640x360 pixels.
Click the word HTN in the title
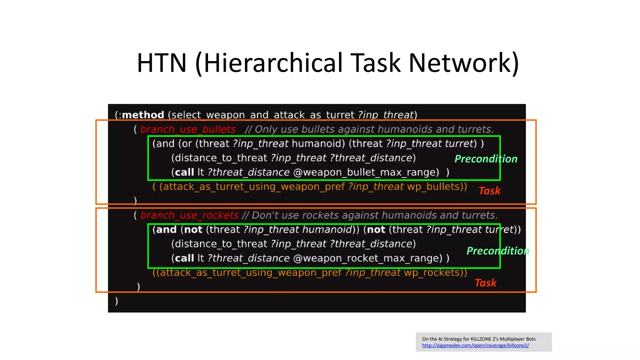point(162,63)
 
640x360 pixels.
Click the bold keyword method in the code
point(143,115)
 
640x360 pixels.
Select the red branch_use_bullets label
point(188,129)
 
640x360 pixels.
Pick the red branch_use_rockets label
point(189,215)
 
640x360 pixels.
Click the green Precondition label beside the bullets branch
point(486,159)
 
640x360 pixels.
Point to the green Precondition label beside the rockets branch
point(497,251)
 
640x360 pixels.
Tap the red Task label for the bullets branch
point(489,191)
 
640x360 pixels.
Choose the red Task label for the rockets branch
point(485,282)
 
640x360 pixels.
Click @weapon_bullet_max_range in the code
point(366,172)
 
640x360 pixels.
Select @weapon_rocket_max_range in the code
point(367,258)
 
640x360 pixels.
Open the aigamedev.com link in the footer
point(475,345)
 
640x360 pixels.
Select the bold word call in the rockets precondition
point(184,258)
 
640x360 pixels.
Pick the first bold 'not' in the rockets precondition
point(193,230)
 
